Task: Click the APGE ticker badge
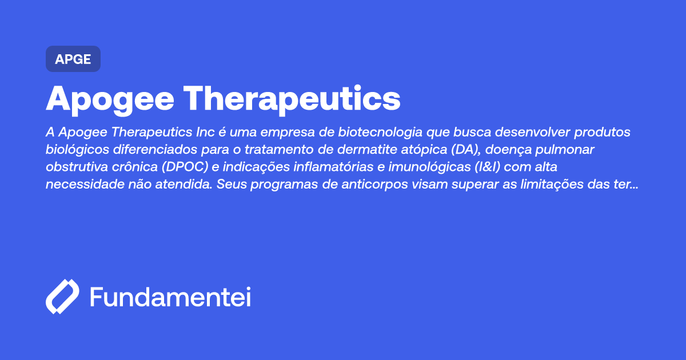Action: pyautogui.click(x=73, y=59)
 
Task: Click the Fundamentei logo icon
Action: pyautogui.click(x=62, y=297)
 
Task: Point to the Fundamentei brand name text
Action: pyautogui.click(x=170, y=298)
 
